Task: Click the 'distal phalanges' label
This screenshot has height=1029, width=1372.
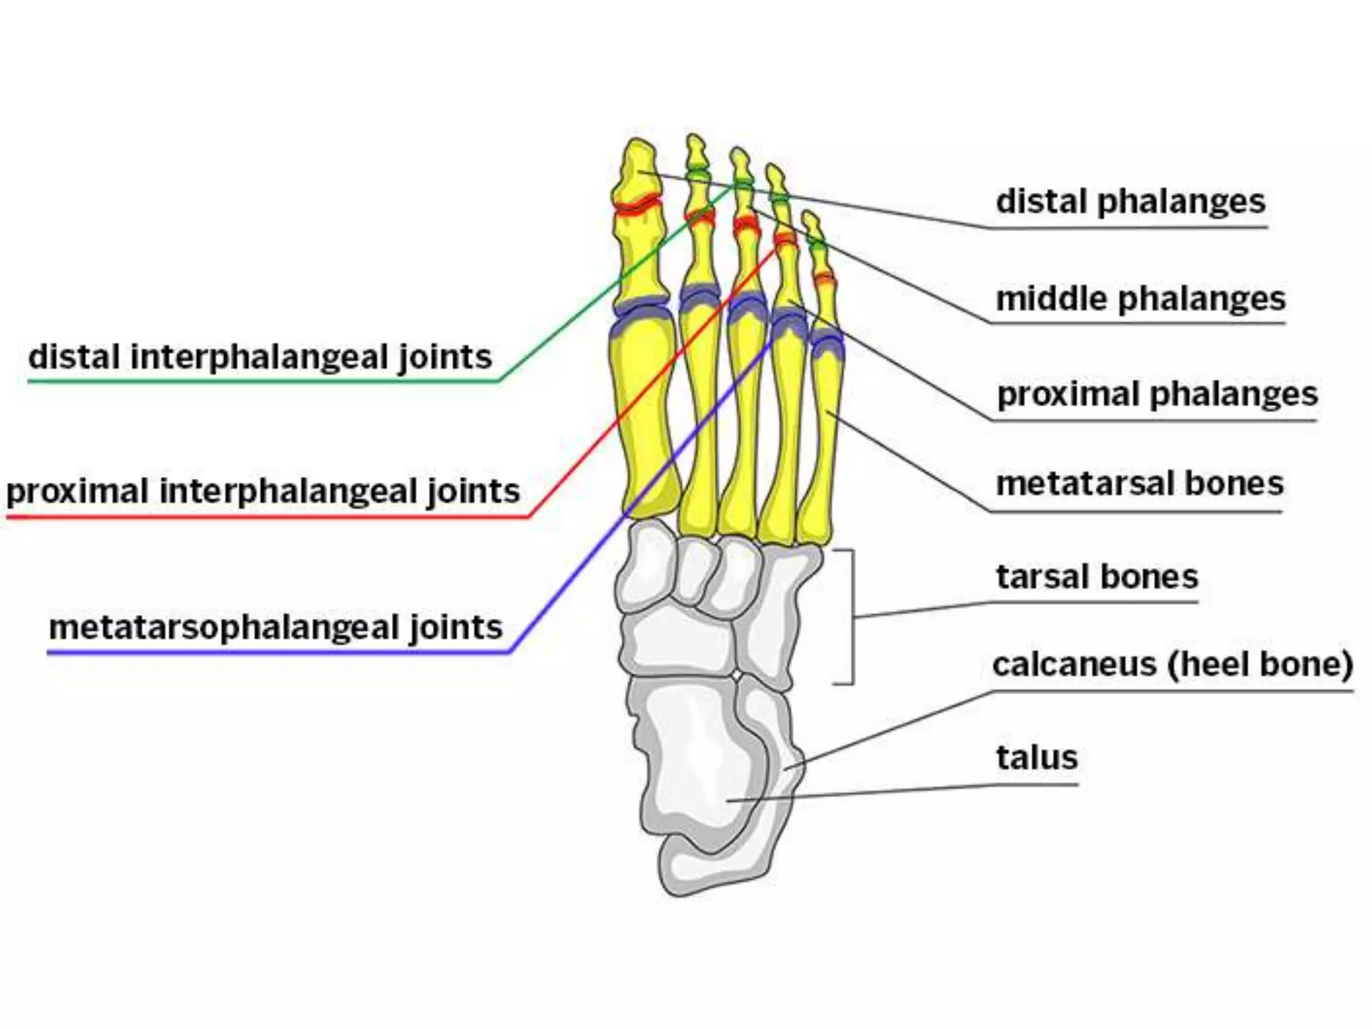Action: [x=1130, y=202]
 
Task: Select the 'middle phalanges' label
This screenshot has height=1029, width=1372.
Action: [x=1140, y=299]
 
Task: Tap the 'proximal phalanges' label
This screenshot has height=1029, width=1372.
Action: [x=1157, y=395]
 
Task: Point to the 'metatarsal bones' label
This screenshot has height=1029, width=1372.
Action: [x=1139, y=484]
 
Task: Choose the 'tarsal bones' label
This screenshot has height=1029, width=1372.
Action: [x=1097, y=577]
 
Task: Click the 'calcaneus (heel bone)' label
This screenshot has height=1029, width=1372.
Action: [x=1172, y=665]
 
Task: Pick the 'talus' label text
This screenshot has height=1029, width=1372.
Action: [x=1036, y=758]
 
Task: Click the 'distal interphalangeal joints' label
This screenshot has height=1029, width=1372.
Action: [x=260, y=356]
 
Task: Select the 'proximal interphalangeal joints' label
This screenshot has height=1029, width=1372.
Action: [x=263, y=491]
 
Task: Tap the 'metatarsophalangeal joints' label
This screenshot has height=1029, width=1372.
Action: [x=275, y=628]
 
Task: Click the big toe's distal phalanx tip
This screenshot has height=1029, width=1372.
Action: [x=638, y=151]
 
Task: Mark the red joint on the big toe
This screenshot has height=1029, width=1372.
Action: [x=636, y=205]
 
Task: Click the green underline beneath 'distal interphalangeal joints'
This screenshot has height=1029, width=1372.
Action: [x=261, y=381]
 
